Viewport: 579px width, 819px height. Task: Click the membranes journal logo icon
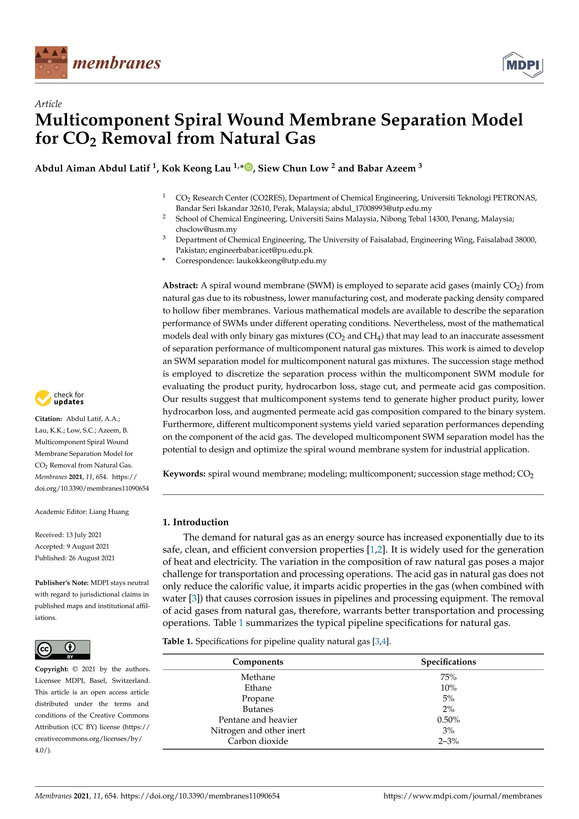[51, 62]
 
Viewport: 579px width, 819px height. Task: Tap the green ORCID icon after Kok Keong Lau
[249, 167]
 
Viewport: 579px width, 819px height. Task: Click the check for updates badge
[60, 398]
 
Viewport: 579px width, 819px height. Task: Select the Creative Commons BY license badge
[62, 650]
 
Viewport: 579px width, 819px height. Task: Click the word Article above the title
[48, 104]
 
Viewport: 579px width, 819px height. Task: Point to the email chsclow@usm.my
[206, 229]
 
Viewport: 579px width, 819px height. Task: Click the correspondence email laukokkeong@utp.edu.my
[281, 261]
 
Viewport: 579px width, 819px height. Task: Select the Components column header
[258, 662]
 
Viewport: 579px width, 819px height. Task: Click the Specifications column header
[448, 662]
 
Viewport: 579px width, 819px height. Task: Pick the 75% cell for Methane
[448, 677]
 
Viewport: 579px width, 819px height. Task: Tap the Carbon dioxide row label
[258, 741]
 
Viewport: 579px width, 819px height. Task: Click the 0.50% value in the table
[448, 720]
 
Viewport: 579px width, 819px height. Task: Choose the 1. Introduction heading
[195, 522]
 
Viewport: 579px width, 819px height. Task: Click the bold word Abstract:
[180, 285]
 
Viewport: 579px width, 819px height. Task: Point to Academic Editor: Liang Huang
[82, 512]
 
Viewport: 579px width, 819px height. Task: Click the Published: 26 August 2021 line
[75, 558]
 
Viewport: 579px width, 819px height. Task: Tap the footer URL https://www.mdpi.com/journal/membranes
[463, 796]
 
